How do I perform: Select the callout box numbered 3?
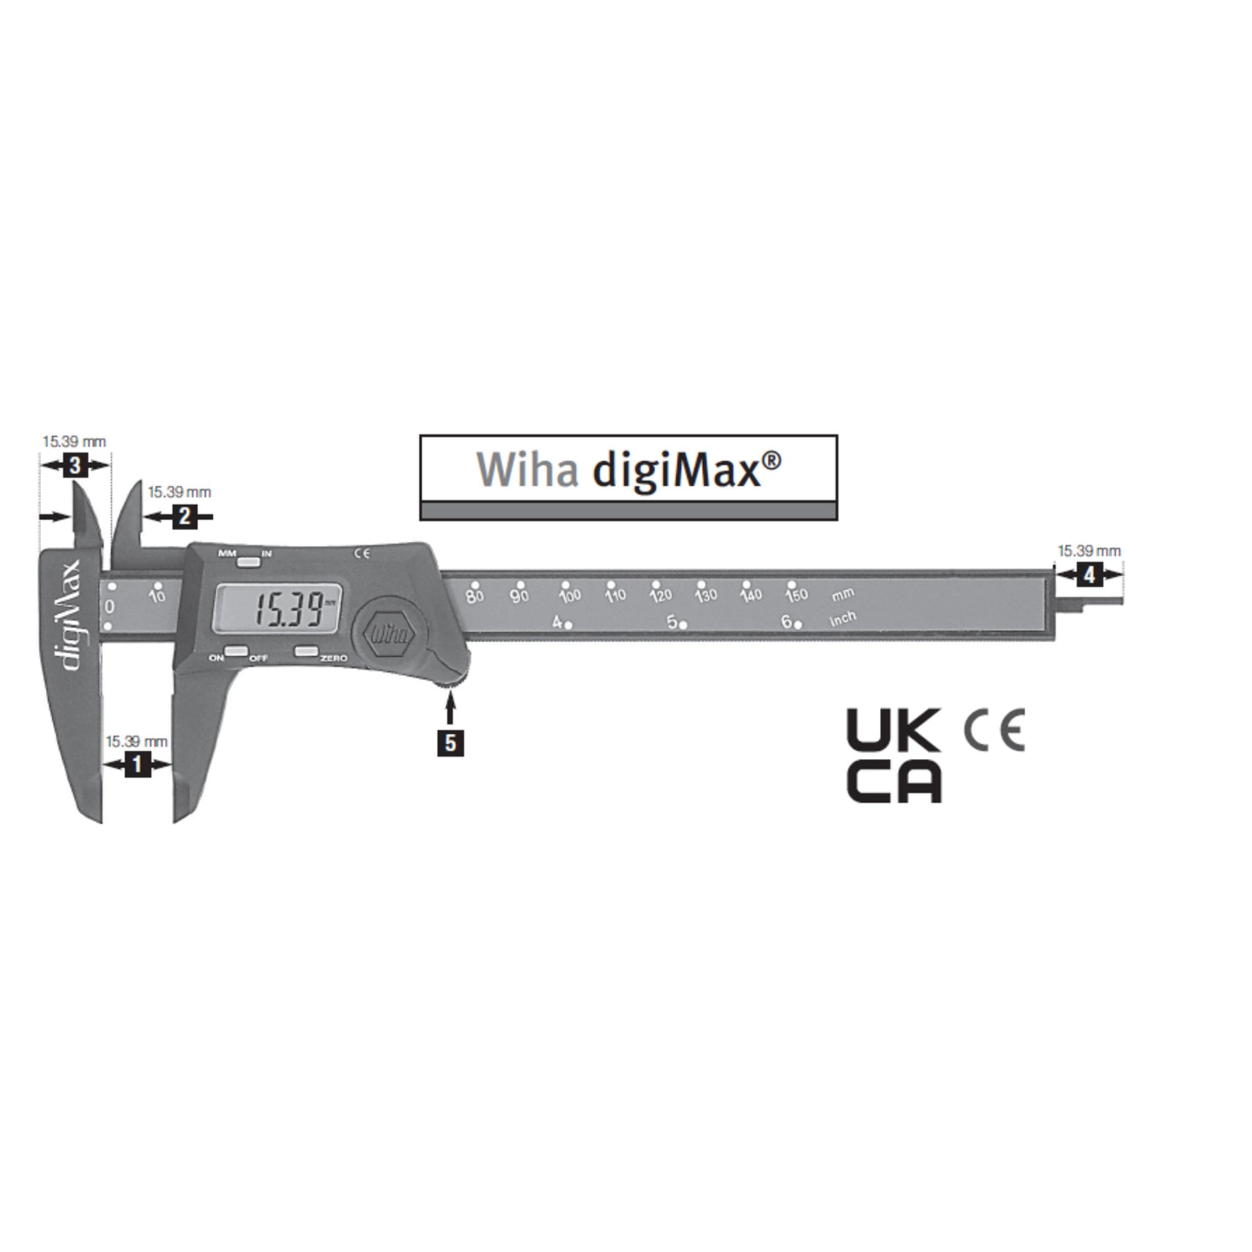(x=76, y=465)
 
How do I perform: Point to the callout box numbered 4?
(x=1089, y=575)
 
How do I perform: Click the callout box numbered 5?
(x=451, y=743)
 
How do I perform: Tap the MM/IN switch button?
(x=247, y=561)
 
